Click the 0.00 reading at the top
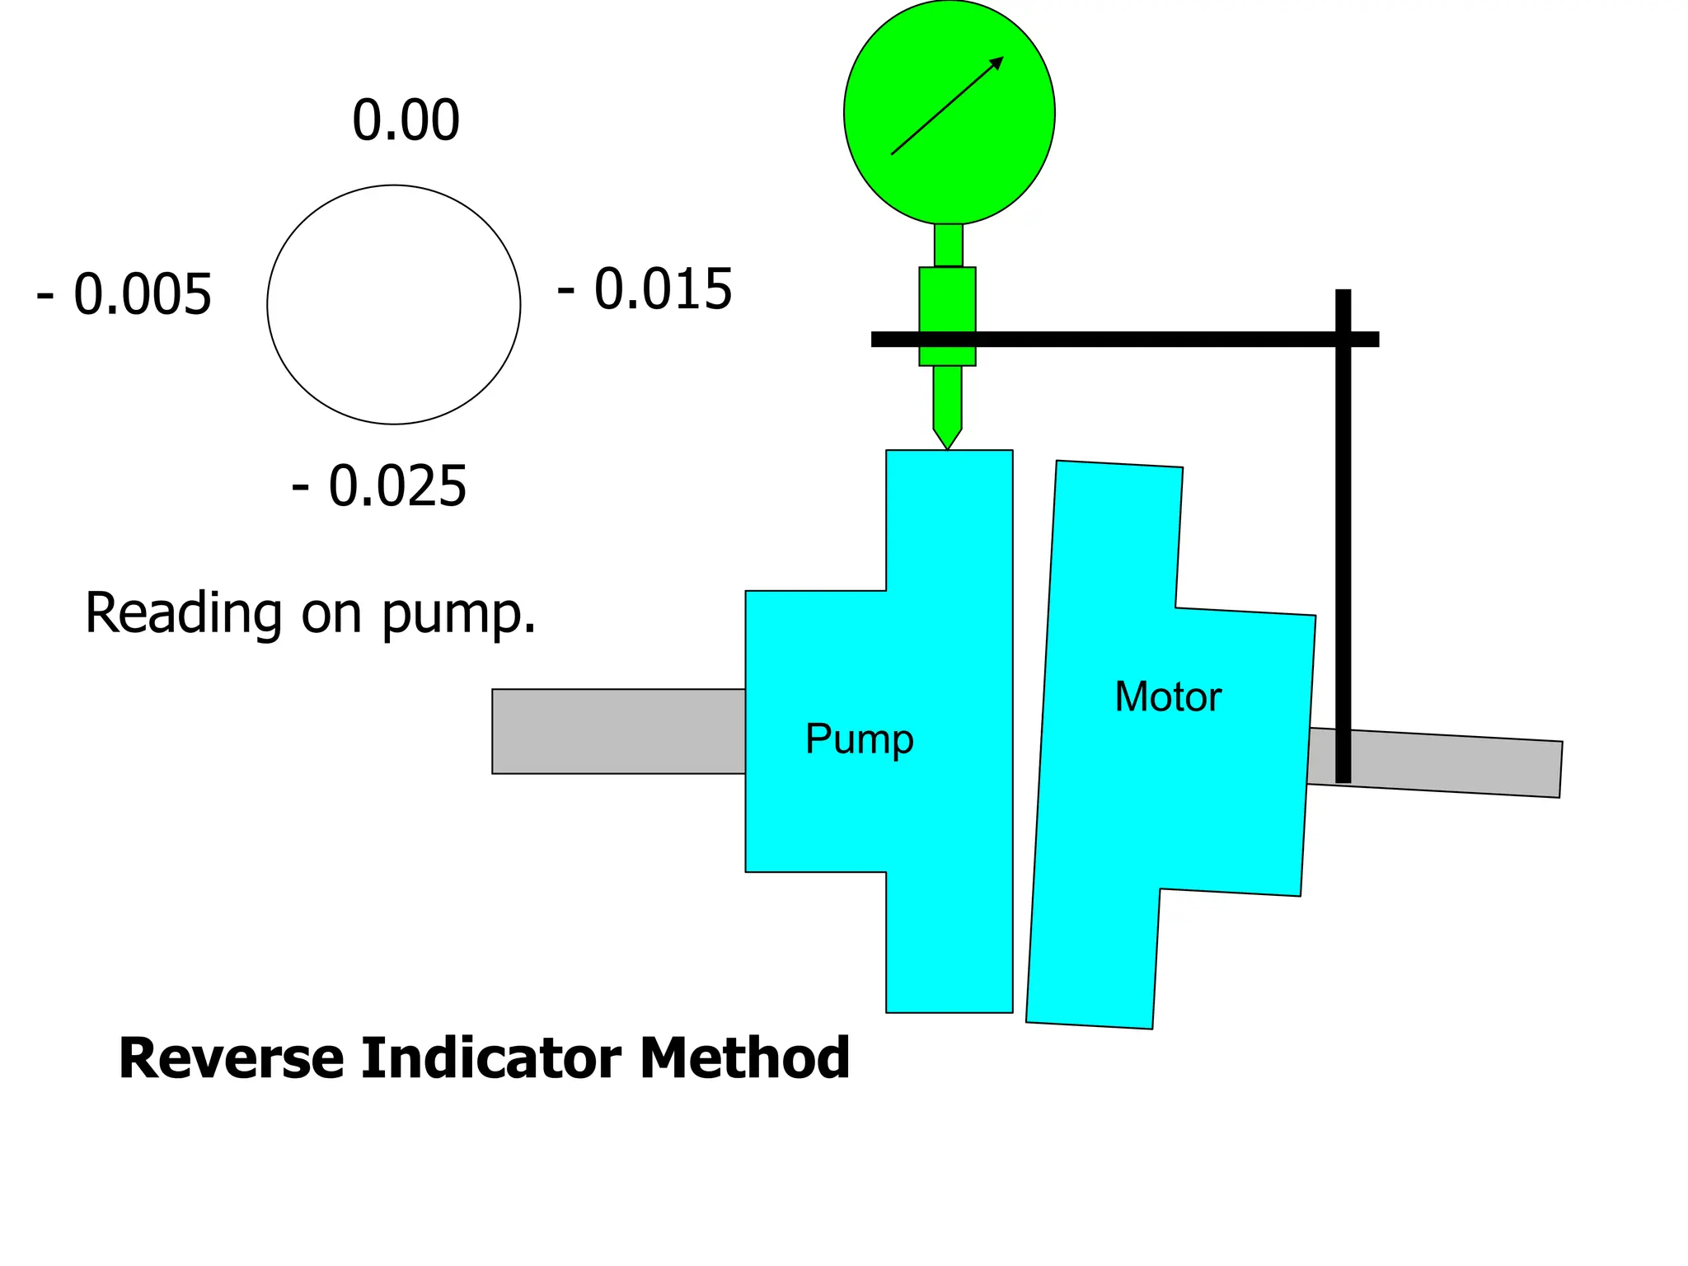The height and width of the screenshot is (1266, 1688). click(x=406, y=120)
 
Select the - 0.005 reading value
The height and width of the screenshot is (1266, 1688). click(x=124, y=294)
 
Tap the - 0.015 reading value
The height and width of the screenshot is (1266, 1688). click(x=645, y=289)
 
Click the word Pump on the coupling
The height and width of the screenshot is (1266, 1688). click(x=859, y=739)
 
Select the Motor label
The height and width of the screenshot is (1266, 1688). click(x=1167, y=697)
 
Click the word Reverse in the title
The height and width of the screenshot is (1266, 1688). click(x=231, y=1058)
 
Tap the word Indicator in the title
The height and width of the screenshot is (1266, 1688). click(x=490, y=1058)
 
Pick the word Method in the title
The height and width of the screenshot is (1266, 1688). click(x=743, y=1058)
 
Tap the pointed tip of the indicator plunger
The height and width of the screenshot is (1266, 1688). click(x=947, y=443)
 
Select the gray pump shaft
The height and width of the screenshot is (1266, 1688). click(x=618, y=731)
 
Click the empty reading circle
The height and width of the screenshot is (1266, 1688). click(x=394, y=305)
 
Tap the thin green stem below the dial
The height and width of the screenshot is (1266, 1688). click(x=948, y=245)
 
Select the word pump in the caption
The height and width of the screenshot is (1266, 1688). click(x=458, y=614)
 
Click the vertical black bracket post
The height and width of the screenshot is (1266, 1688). click(x=1343, y=577)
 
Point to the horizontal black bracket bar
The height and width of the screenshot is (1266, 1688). click(x=1154, y=339)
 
